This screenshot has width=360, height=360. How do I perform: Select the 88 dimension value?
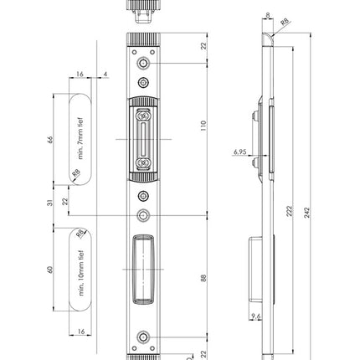click(x=203, y=279)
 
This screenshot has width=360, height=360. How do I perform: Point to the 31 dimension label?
click(x=50, y=203)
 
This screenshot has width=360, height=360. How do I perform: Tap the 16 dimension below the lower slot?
click(x=81, y=332)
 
